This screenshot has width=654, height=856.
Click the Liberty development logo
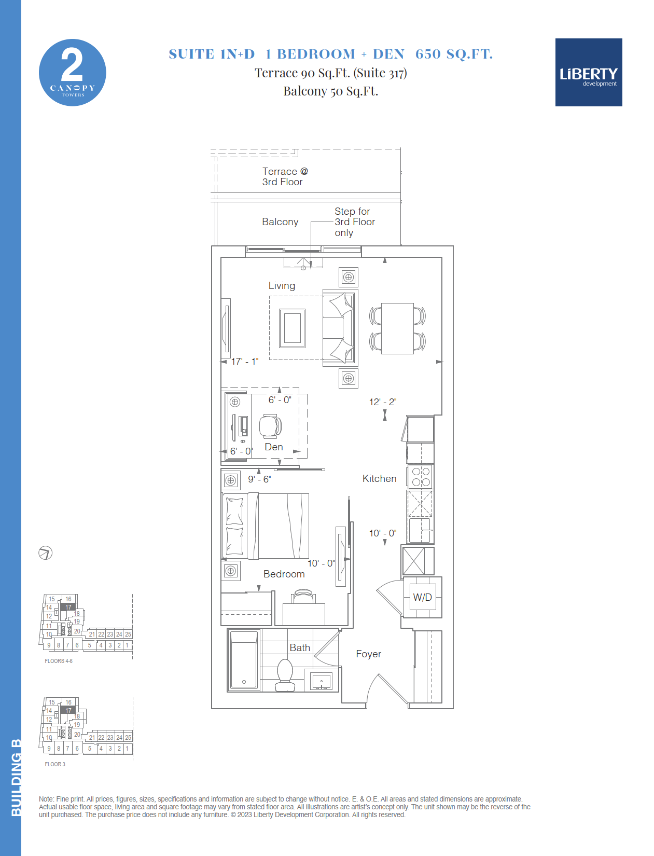589,72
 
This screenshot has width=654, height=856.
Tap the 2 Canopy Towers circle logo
73,73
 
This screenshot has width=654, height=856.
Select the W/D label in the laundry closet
423,597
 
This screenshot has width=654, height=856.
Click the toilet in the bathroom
285,675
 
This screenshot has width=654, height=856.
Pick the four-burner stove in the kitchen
421,477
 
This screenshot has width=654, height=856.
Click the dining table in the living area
397,328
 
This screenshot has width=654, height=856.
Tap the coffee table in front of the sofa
292,328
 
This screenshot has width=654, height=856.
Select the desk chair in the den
270,426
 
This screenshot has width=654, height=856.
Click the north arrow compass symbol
46,553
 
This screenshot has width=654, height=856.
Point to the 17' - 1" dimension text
245,362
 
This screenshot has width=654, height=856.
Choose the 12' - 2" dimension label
383,402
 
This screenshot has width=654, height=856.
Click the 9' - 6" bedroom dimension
259,479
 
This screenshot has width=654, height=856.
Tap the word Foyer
368,654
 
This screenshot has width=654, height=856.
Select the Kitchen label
379,478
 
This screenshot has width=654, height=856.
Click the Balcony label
280,222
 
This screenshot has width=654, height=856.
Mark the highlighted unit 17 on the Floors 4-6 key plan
68,607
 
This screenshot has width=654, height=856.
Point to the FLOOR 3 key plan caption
55,764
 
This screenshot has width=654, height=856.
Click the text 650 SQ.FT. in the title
454,54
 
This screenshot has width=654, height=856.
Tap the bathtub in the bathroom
244,660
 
